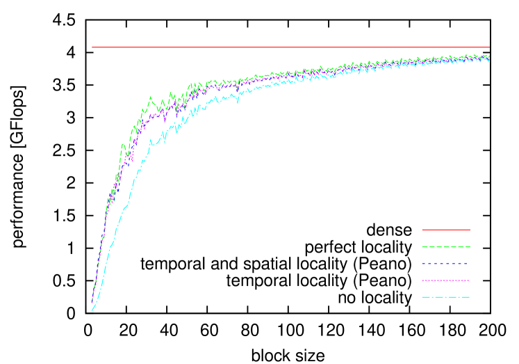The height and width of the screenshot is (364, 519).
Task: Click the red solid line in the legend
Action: click(445, 229)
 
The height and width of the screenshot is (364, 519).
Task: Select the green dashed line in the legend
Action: click(445, 246)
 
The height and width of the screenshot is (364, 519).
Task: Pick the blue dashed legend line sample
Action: click(445, 263)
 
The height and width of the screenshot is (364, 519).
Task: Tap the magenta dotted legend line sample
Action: click(445, 280)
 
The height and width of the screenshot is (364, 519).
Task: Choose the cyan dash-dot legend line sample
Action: click(445, 297)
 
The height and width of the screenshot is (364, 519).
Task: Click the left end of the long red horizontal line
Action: click(92, 47)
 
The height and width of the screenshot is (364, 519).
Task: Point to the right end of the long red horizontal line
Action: click(489, 47)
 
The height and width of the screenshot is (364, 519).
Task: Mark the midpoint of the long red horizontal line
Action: click(290, 47)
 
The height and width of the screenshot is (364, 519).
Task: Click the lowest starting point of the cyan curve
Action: click(92, 310)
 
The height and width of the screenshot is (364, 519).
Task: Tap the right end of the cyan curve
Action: click(489, 60)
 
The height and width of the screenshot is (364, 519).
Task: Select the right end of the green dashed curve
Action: click(489, 56)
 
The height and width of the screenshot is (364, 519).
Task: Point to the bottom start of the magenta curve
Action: click(92, 303)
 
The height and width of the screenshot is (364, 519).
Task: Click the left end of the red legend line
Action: click(422, 229)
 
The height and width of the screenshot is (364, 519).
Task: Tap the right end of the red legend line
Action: click(470, 229)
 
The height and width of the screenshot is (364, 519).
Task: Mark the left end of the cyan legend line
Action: click(422, 297)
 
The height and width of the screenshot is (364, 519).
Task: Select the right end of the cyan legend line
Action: click(470, 297)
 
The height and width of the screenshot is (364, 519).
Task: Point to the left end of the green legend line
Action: click(422, 246)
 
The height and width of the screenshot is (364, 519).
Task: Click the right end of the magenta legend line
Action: click(470, 280)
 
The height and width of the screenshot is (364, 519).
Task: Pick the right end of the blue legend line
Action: click(467, 263)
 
